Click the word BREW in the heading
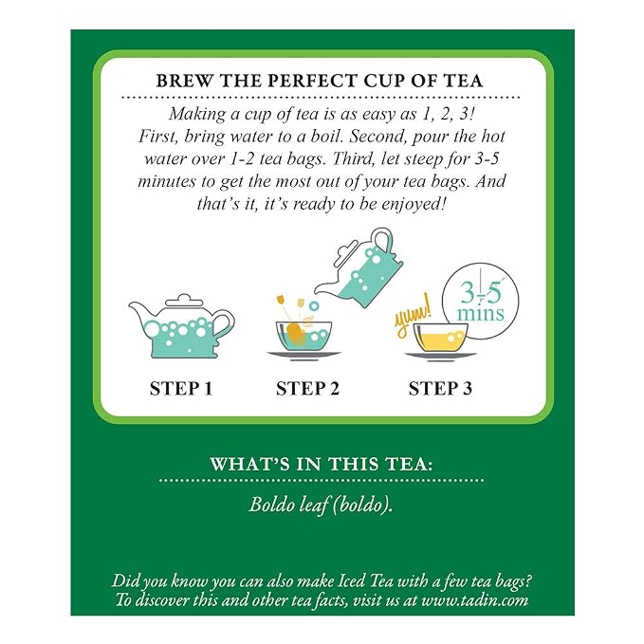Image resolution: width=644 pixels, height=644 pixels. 184,81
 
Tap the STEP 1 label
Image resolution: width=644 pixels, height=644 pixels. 181,389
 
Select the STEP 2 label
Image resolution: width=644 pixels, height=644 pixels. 307,389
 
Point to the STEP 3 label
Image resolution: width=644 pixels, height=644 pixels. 440,389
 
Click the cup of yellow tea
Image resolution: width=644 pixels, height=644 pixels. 440,339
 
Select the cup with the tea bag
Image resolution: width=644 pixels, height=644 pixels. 304,336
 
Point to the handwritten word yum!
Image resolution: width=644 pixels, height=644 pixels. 414,316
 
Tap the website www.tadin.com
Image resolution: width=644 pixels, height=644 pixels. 475,600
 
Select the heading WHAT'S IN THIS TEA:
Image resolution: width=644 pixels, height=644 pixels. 322,464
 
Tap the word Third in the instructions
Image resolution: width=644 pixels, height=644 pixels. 353,159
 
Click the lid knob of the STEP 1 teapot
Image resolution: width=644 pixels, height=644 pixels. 184,297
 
